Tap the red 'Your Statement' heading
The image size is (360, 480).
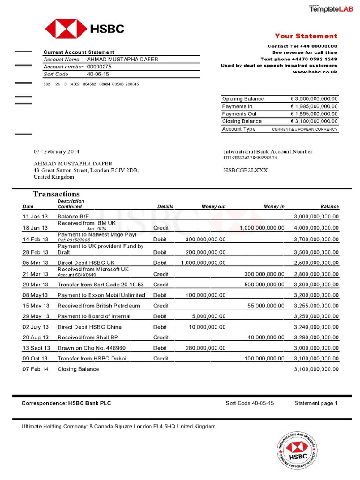pyautogui.click(x=306, y=36)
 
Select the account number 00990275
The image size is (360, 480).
pyautogui.click(x=99, y=67)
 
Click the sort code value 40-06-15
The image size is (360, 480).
pyautogui.click(x=98, y=74)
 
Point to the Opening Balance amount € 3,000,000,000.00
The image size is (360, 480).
pyautogui.click(x=314, y=99)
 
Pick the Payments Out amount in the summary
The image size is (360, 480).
pyautogui.click(x=314, y=114)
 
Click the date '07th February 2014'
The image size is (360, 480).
pyautogui.click(x=56, y=152)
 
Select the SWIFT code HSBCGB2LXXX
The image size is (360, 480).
pyautogui.click(x=246, y=170)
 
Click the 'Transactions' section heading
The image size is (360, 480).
pyautogui.click(x=56, y=194)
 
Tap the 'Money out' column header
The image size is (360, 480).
pyautogui.click(x=213, y=206)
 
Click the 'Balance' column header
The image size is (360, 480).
pyautogui.click(x=330, y=206)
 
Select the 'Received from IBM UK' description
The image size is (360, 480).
pyautogui.click(x=86, y=223)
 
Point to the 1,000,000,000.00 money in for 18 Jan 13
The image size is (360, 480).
pyautogui.click(x=262, y=228)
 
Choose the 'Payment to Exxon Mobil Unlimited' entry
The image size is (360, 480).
pyautogui.click(x=101, y=295)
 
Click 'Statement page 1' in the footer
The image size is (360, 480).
pyautogui.click(x=315, y=403)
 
